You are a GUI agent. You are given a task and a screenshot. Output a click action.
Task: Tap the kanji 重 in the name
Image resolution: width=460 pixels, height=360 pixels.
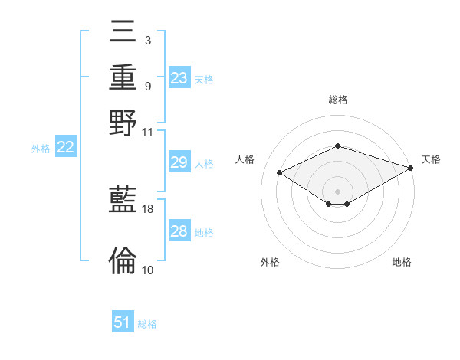pyautogui.click(x=123, y=78)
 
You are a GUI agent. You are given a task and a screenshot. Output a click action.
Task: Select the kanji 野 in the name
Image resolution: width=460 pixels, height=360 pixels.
pyautogui.click(x=123, y=123)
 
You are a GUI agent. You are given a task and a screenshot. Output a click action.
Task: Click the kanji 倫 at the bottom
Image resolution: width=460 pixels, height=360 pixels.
pyautogui.click(x=123, y=260)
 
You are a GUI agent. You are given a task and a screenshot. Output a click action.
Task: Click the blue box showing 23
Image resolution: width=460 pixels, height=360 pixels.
pyautogui.click(x=179, y=78)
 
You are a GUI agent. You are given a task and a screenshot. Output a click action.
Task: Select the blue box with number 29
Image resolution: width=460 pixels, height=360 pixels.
pyautogui.click(x=179, y=163)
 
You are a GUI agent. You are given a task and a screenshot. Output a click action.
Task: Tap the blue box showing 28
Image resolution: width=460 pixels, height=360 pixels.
pyautogui.click(x=179, y=231)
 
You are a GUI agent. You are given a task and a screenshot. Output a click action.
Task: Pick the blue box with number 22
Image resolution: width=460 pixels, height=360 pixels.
pyautogui.click(x=65, y=148)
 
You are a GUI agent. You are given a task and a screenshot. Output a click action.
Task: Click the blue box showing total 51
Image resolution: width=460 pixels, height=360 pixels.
pyautogui.click(x=123, y=322)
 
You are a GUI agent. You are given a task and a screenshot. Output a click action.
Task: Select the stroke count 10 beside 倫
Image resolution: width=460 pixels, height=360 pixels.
pyautogui.click(x=148, y=270)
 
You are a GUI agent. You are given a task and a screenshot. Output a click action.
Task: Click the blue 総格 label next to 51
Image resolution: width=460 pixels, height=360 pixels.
pyautogui.click(x=147, y=324)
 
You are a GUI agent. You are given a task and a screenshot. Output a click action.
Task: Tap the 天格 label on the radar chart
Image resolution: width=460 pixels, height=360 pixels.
pyautogui.click(x=431, y=159)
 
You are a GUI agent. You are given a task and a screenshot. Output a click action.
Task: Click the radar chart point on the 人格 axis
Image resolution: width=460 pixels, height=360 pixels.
pyautogui.click(x=280, y=173)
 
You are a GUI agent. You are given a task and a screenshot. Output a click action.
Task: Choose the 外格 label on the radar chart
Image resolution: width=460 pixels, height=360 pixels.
pyautogui.click(x=270, y=262)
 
